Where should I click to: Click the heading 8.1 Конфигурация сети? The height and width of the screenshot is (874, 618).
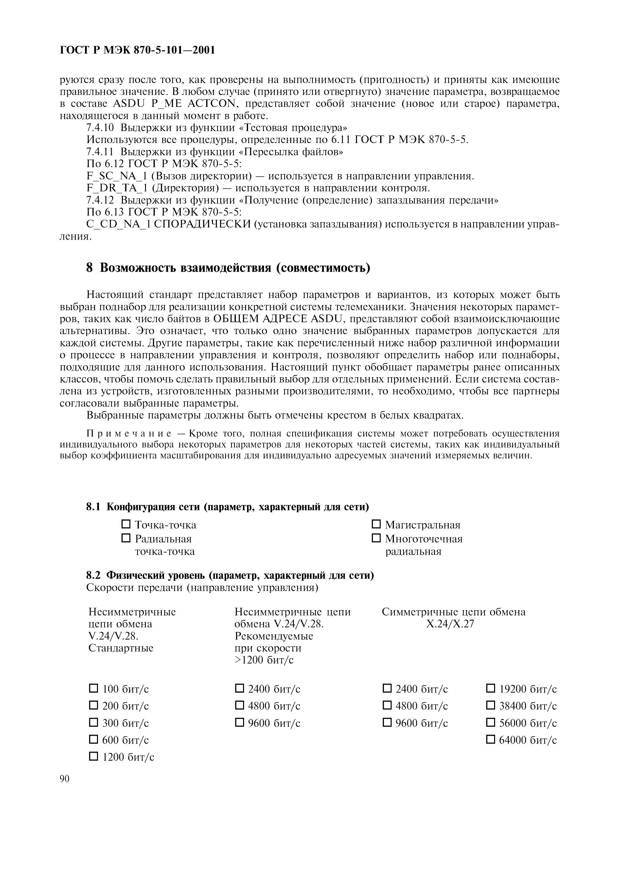point(228,507)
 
